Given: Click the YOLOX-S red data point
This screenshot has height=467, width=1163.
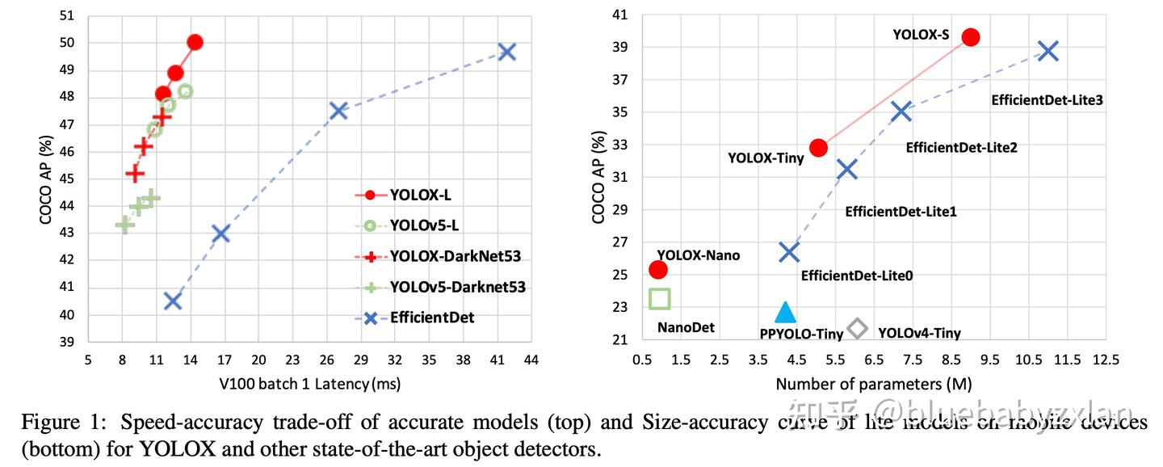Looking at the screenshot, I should (971, 36).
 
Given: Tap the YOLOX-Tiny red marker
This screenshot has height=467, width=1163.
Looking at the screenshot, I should (818, 147).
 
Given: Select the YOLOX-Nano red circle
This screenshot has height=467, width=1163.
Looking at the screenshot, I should (658, 269).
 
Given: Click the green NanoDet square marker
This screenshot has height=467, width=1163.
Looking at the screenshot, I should (660, 299).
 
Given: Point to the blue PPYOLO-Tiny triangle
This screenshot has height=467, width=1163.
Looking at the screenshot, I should (785, 313).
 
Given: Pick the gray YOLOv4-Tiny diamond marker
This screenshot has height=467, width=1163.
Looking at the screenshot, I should (857, 328).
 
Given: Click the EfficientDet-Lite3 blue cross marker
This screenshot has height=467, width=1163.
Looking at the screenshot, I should (1048, 51).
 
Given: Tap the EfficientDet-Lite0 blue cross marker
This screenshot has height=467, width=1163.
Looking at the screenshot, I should (789, 252).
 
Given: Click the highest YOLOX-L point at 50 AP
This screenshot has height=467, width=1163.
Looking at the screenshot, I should (195, 42).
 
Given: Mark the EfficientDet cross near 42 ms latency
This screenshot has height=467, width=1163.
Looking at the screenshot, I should (506, 52).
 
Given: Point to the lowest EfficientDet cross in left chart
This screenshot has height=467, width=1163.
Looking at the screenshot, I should (172, 301).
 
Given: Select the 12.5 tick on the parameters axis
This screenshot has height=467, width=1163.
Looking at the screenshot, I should (1105, 359).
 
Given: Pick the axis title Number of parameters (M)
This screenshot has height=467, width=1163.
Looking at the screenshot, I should (873, 381).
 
